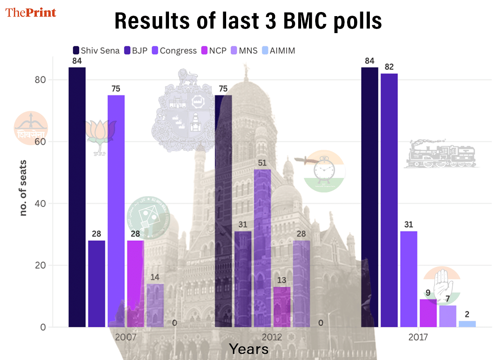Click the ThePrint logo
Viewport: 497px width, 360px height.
coord(31,12)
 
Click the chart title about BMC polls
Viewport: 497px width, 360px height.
coord(248,21)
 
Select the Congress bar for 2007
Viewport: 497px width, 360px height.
coord(116,211)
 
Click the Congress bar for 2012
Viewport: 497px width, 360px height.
coord(262,248)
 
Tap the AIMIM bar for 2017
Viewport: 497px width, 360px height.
coord(467,324)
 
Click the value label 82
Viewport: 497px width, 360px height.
coord(389,67)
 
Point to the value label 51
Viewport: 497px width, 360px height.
coord(262,163)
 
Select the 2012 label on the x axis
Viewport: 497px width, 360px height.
coord(272,337)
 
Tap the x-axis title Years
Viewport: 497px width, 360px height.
coord(248,349)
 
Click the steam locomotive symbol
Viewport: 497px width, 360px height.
coord(442,154)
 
